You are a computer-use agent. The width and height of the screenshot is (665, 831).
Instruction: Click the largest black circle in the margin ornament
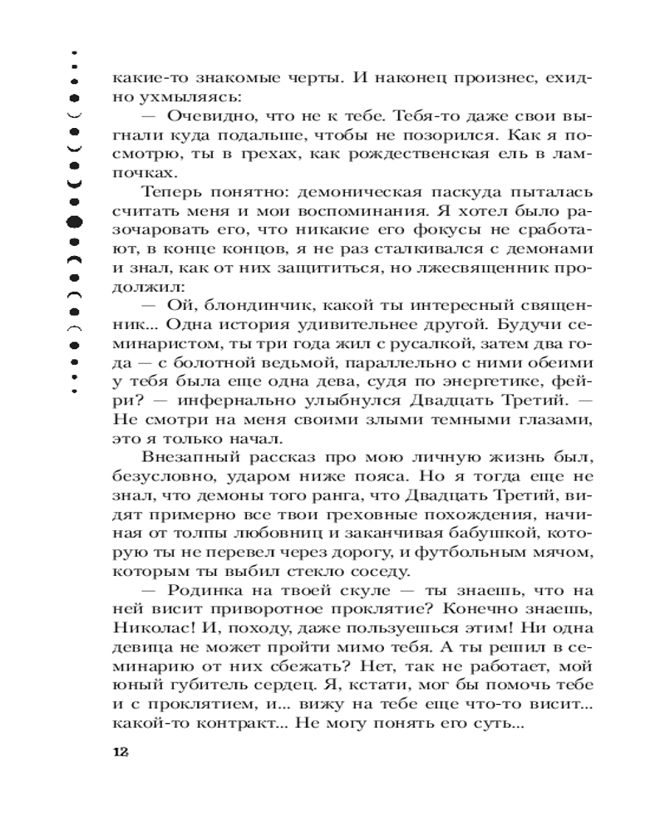pyautogui.click(x=74, y=221)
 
